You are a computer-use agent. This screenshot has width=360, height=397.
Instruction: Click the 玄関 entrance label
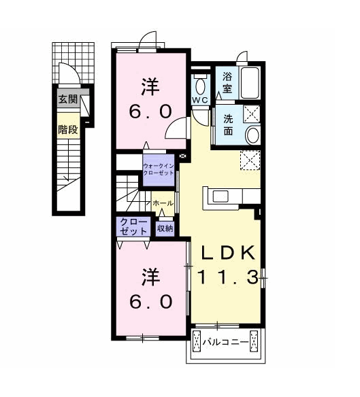[67, 99]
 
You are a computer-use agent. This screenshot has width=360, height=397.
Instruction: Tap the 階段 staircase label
[67, 130]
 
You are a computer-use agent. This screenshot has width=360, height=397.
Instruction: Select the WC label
[200, 100]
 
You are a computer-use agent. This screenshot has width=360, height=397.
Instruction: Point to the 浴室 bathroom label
[227, 83]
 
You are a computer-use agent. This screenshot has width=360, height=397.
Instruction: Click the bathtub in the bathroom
[250, 83]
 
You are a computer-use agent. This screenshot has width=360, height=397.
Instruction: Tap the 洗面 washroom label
[228, 125]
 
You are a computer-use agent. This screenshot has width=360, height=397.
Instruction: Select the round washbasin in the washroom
[253, 135]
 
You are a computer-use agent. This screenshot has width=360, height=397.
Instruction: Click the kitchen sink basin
[220, 196]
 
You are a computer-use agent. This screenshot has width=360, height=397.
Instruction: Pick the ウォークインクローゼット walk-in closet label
[159, 169]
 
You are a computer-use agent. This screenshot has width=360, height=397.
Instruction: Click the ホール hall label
[163, 203]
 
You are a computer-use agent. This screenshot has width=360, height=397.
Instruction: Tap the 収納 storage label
[165, 228]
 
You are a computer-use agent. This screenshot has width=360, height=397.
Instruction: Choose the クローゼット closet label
[133, 226]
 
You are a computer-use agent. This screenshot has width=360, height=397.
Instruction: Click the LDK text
[227, 253]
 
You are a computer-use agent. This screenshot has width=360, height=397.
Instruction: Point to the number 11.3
[227, 277]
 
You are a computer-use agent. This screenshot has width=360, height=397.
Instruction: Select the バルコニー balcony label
[225, 343]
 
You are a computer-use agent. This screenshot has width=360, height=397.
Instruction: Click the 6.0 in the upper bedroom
[150, 111]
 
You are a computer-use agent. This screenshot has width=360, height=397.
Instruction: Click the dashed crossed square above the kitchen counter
[250, 160]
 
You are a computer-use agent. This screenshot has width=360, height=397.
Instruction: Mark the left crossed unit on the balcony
[197, 341]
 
